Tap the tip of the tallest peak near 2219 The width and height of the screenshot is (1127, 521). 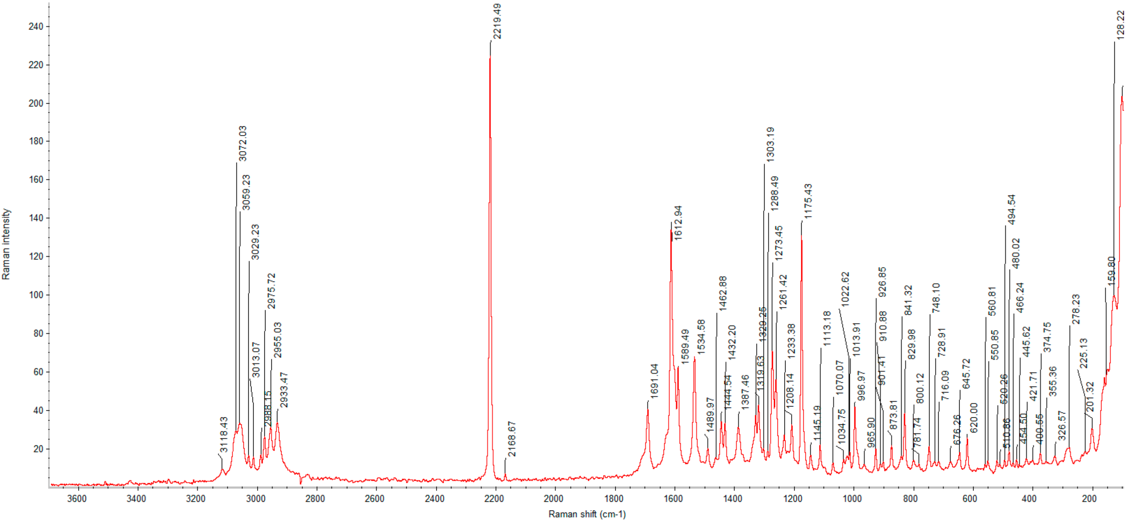(x=490, y=58)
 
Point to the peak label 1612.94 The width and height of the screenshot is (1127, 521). (x=678, y=222)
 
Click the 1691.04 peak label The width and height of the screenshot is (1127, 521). (x=654, y=381)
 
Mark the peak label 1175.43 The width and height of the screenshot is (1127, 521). (x=808, y=201)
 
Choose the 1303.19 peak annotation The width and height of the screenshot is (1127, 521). (x=771, y=144)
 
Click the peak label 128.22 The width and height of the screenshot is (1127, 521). (x=1120, y=25)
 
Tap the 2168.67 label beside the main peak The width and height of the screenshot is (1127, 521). (x=512, y=439)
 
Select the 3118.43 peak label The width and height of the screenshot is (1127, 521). (x=224, y=434)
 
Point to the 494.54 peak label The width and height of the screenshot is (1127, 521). (x=1012, y=210)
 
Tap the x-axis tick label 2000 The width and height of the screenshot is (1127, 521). (x=554, y=499)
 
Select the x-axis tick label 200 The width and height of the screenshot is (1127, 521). (x=1089, y=499)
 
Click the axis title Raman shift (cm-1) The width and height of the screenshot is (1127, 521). (x=587, y=514)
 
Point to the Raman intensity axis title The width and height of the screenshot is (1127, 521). (x=6, y=244)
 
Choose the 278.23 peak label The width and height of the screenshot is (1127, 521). (x=1076, y=309)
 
